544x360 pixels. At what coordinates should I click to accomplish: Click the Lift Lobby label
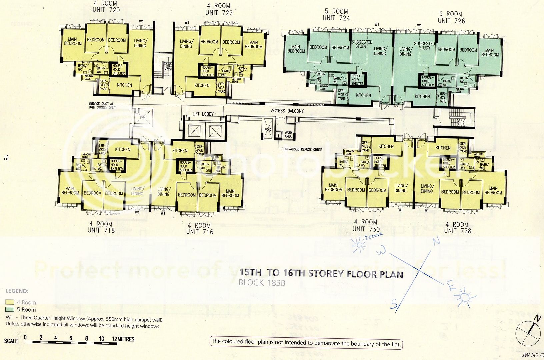click(x=203, y=114)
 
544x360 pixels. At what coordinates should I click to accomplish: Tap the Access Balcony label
click(x=287, y=111)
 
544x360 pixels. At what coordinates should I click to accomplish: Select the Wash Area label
click(x=288, y=134)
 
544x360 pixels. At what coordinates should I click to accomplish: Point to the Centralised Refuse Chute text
click(x=302, y=149)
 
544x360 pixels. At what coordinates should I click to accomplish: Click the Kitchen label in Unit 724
click(x=363, y=95)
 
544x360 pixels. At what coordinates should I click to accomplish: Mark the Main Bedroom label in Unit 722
click(x=253, y=45)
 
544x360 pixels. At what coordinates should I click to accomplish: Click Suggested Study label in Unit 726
click(x=424, y=46)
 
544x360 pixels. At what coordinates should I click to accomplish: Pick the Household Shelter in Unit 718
click(x=116, y=165)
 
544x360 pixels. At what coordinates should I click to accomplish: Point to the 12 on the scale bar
click(x=115, y=339)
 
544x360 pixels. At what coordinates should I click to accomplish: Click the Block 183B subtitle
click(x=262, y=283)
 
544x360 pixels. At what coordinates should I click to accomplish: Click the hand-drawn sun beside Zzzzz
click(x=359, y=245)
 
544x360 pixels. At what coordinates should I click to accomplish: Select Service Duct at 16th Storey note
click(x=103, y=106)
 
